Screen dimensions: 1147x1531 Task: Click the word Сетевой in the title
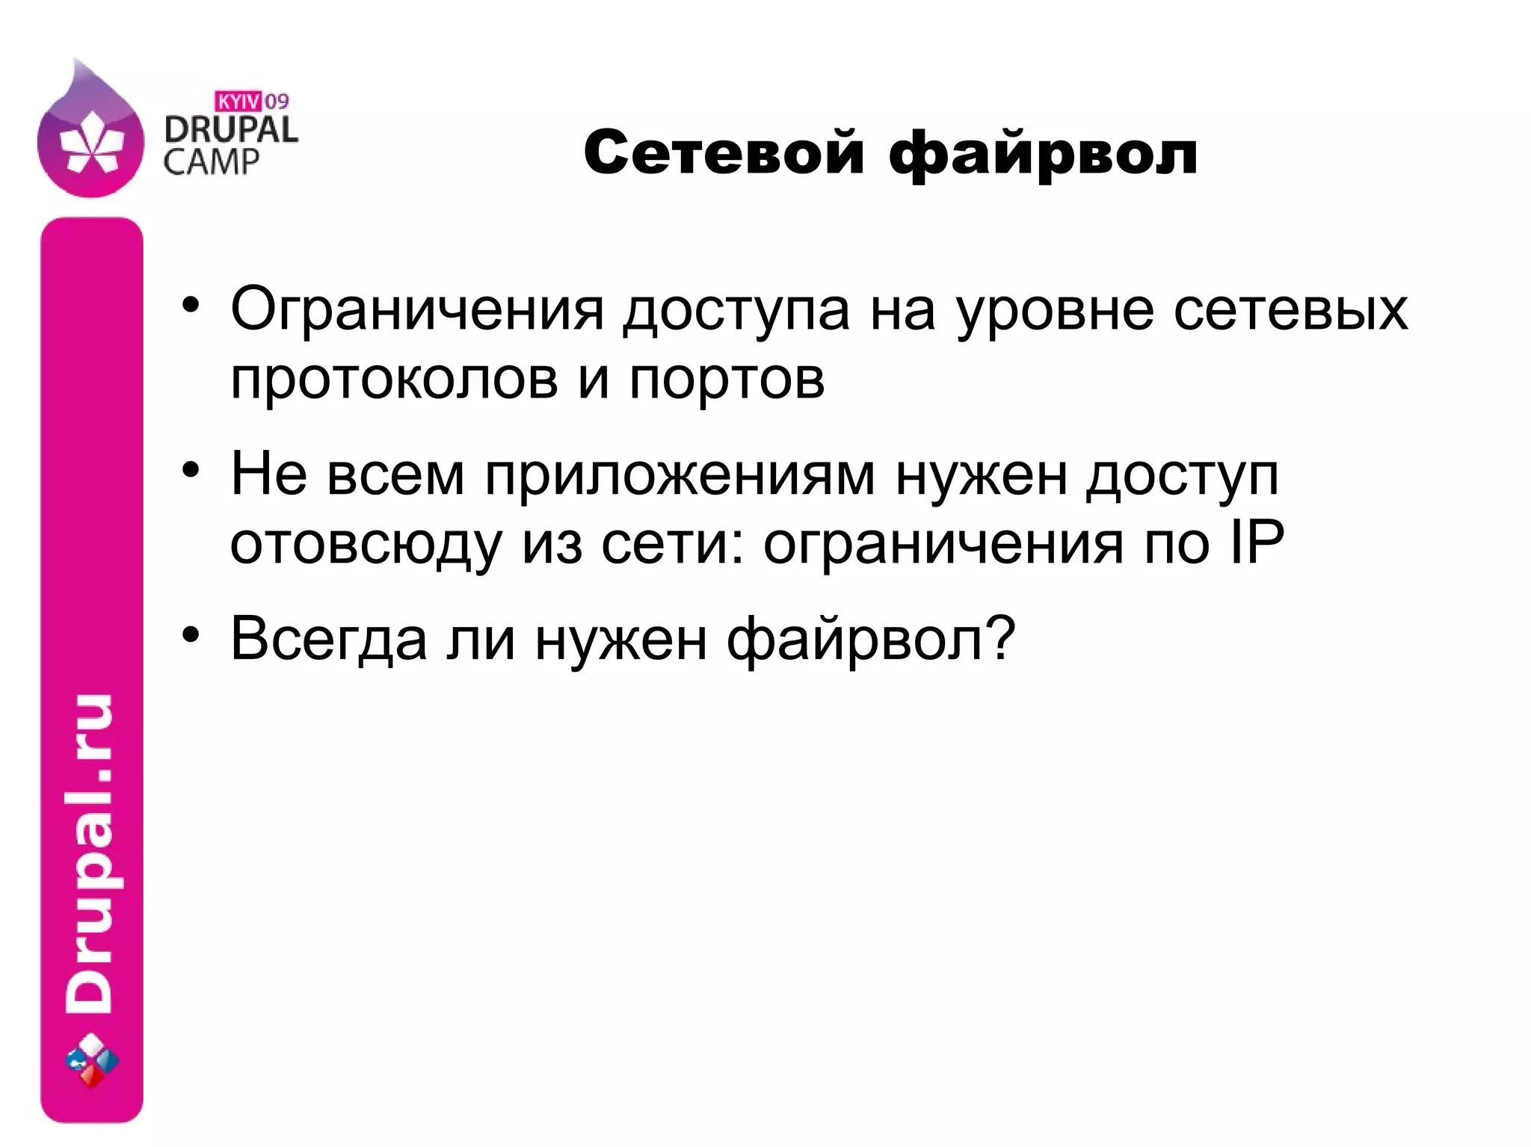(x=723, y=154)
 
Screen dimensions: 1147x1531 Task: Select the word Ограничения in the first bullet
(x=416, y=309)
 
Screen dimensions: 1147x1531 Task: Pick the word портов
(x=727, y=380)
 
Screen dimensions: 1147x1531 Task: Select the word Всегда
(x=328, y=640)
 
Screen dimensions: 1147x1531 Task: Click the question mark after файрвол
(x=1000, y=638)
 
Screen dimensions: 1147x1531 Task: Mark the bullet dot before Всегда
(x=191, y=636)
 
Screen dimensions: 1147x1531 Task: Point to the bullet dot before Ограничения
(x=191, y=306)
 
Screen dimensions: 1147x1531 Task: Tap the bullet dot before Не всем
(x=191, y=471)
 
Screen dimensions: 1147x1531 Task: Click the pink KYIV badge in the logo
(x=238, y=100)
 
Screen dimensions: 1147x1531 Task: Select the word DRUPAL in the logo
(x=230, y=130)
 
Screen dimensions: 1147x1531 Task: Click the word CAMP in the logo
(x=211, y=161)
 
